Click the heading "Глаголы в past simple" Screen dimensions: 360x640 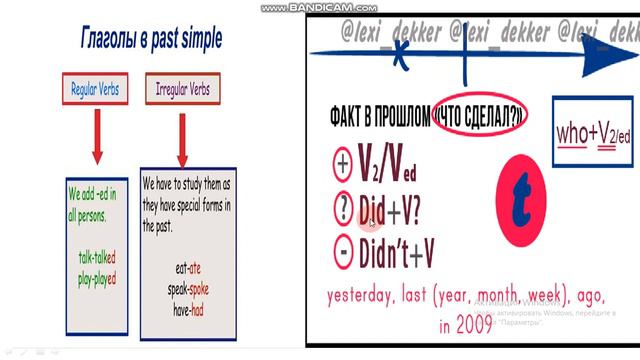tap(151, 40)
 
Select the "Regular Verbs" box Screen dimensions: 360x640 tap(95, 89)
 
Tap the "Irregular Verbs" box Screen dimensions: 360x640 tap(181, 89)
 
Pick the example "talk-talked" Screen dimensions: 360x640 tap(97, 256)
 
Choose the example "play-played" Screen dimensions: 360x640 tap(97, 270)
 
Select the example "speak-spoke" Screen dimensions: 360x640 tap(188, 289)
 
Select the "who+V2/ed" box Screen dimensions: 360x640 tap(585, 135)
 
